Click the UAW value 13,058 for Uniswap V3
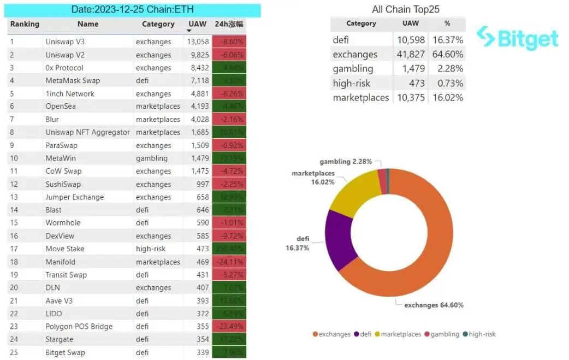pyautogui.click(x=198, y=42)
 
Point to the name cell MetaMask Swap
pyautogui.click(x=73, y=81)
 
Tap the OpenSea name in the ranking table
pyautogui.click(x=60, y=107)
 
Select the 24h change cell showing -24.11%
pyautogui.click(x=229, y=262)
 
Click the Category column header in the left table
pyautogui.click(x=158, y=24)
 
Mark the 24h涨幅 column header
pyautogui.click(x=229, y=24)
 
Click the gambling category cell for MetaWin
pyautogui.click(x=152, y=158)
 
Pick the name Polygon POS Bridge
pyautogui.click(x=79, y=327)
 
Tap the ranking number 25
pyautogui.click(x=14, y=352)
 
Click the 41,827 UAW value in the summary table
pyautogui.click(x=410, y=54)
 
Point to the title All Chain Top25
pyautogui.click(x=405, y=9)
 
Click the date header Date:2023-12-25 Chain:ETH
pyautogui.click(x=133, y=10)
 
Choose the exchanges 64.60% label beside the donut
pyautogui.click(x=434, y=305)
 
